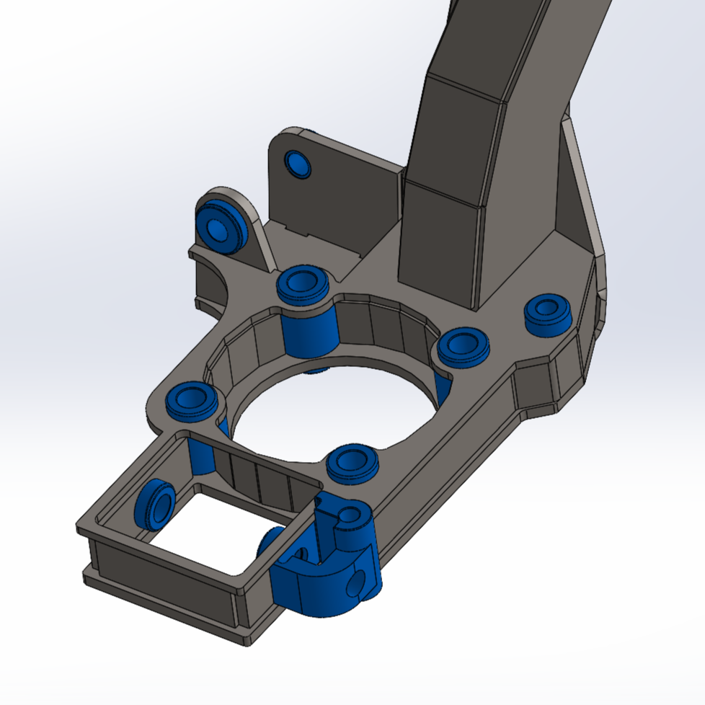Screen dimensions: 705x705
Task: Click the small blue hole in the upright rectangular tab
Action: click(x=298, y=164)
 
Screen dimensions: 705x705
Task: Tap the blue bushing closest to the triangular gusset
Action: click(x=548, y=314)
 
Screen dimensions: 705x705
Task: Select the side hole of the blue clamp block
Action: click(x=356, y=585)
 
